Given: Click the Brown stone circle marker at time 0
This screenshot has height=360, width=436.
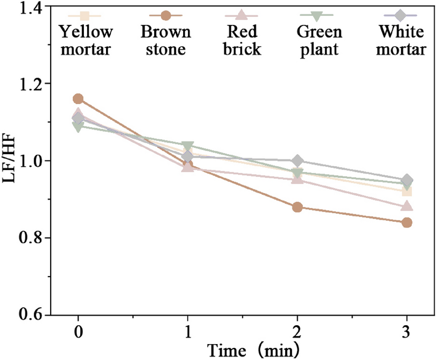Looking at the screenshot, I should coord(78,99).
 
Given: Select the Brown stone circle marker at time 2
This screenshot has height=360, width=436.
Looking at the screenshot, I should coord(297,207).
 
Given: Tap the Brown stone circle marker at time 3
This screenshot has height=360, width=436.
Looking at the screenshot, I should coord(407,222).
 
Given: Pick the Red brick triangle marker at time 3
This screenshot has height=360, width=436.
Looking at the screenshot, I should coord(407,206).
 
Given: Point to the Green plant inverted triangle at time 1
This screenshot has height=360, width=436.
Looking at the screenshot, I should coord(188,146).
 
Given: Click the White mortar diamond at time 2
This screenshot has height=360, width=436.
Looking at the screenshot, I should coord(297,160).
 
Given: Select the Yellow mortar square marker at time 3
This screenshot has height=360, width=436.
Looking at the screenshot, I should coord(407,191).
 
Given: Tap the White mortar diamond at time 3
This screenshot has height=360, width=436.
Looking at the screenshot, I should coord(407,180).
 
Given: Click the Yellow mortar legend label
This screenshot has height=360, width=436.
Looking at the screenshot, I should coord(86,41).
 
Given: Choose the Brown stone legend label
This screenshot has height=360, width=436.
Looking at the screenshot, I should coord(166,41).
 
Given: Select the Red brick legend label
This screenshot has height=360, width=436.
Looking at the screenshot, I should coord(241,41).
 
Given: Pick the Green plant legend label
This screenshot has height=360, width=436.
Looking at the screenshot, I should coord(319,41).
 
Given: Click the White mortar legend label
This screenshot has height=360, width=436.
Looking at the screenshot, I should coord(401,41).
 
